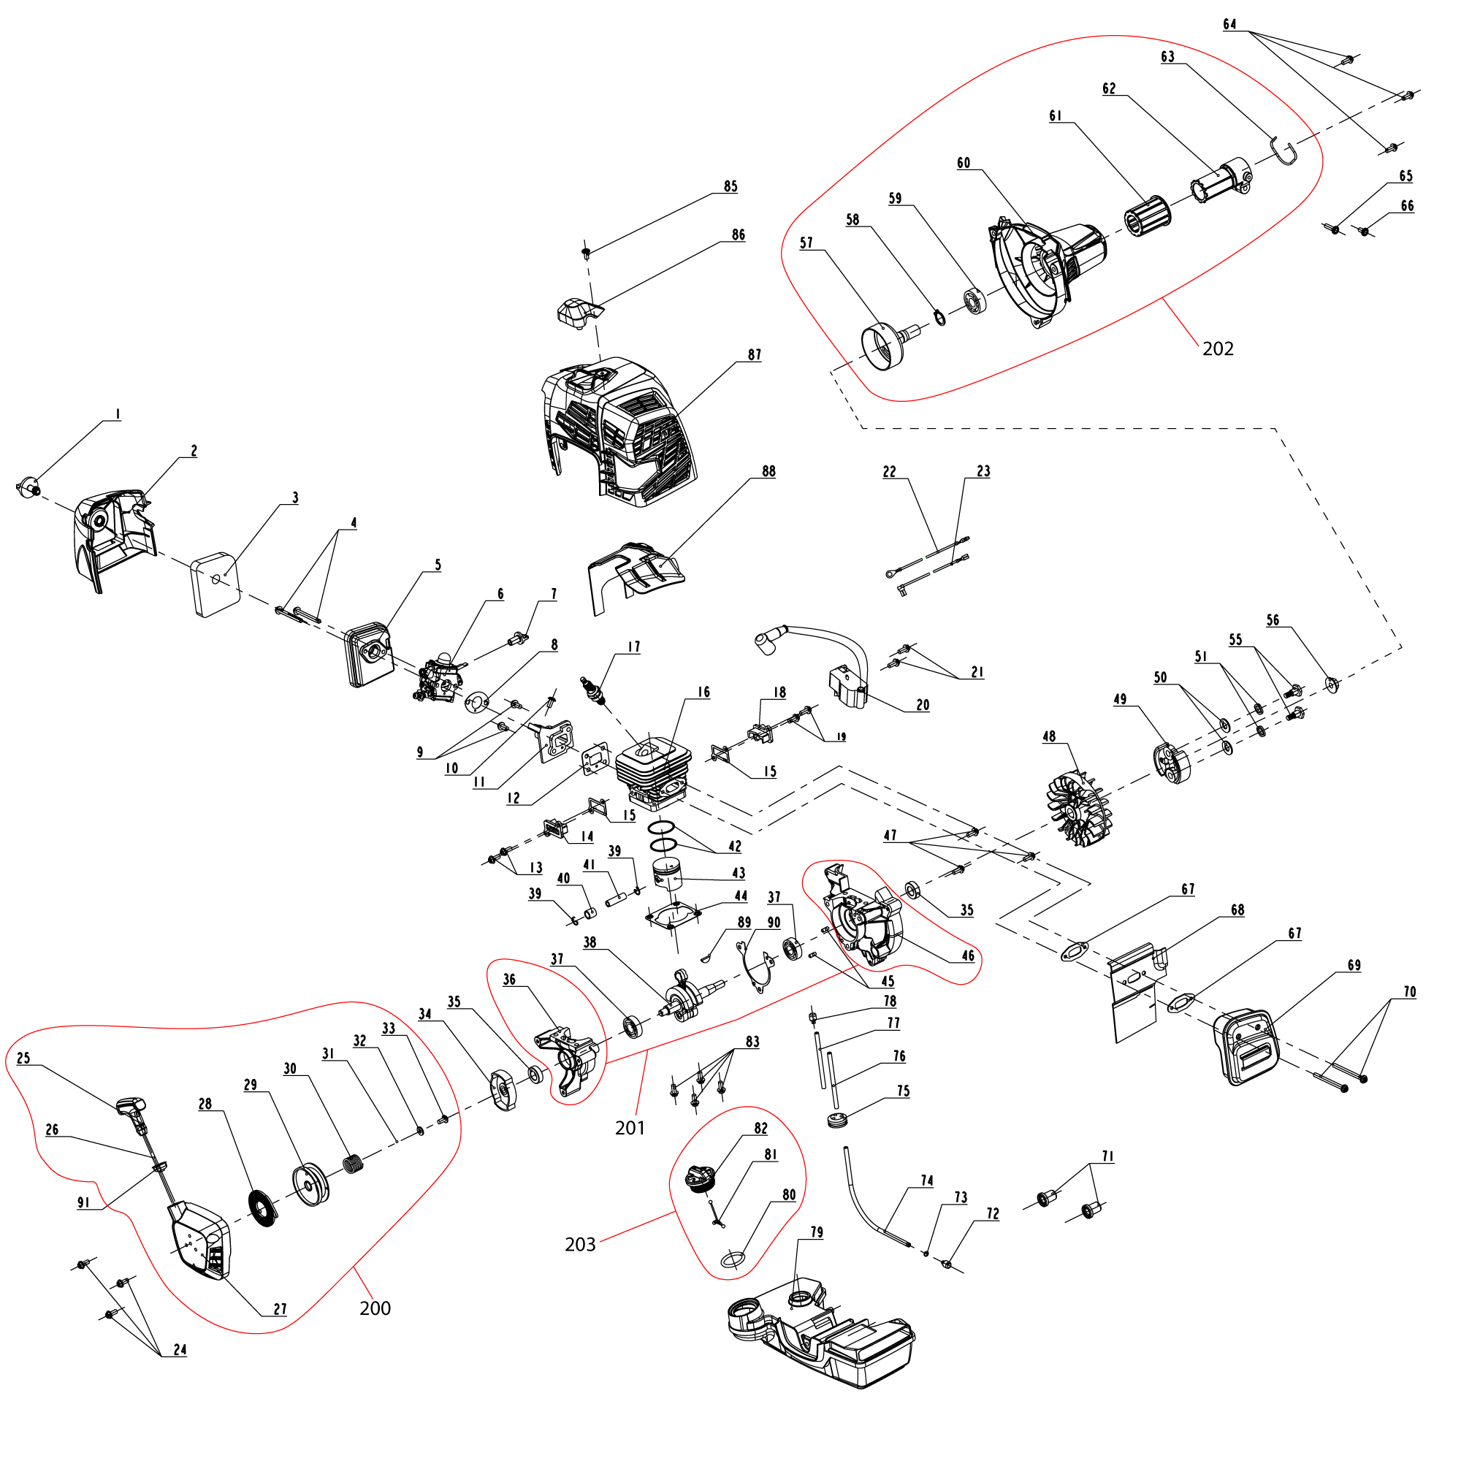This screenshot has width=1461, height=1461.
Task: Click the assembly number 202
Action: (1218, 348)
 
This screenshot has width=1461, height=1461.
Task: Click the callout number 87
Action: (755, 355)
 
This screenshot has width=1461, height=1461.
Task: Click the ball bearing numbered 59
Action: (975, 301)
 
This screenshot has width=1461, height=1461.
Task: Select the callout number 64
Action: (1229, 25)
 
